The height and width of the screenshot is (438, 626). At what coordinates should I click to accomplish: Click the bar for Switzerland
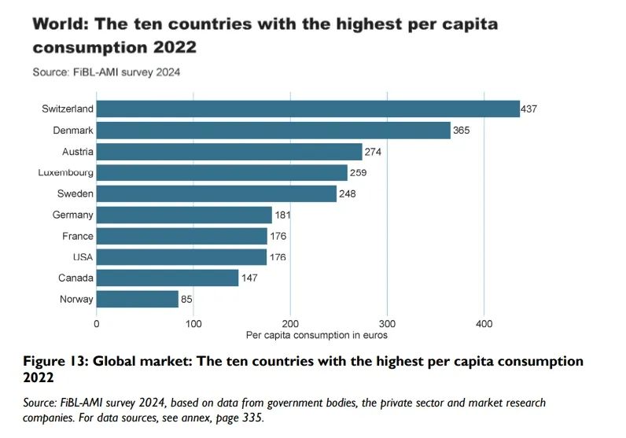point(307,109)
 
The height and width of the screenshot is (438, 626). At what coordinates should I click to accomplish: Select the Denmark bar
point(273,131)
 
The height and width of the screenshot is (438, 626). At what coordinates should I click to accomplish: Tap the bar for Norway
point(137,299)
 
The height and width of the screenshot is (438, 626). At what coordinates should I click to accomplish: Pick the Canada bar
point(167,278)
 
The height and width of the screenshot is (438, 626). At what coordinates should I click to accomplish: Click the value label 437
point(528,109)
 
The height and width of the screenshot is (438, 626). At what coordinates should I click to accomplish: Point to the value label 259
point(359,173)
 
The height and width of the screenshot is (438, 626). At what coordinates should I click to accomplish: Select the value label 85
point(187,299)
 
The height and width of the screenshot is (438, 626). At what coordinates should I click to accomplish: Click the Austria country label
point(77,152)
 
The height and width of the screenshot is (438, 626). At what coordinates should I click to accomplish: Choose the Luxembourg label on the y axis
point(65,172)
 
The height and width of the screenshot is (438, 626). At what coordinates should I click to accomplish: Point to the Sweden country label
point(75,193)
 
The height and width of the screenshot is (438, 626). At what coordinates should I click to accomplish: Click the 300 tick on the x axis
point(387,323)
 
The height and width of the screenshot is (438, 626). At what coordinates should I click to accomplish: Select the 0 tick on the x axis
point(96,323)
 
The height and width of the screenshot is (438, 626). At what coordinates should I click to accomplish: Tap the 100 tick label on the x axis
point(193,323)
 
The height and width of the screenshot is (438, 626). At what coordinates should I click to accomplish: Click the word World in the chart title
point(60,24)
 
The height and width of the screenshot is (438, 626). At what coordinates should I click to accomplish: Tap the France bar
point(182,236)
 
